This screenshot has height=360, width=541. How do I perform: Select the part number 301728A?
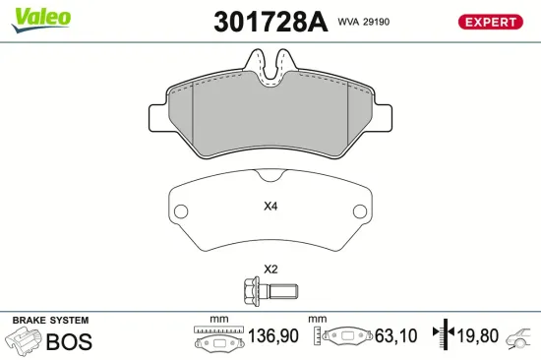[270, 22]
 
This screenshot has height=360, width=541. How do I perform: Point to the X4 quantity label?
[270, 207]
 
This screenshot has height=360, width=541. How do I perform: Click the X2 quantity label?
[270, 269]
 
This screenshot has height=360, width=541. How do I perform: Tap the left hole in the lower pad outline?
[180, 210]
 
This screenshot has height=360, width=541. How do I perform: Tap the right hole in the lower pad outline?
[360, 210]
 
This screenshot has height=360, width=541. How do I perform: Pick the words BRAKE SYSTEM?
[50, 321]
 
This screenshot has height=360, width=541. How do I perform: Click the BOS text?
[69, 341]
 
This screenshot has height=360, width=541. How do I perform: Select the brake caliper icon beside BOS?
[24, 340]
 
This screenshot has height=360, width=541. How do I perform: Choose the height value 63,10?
[394, 337]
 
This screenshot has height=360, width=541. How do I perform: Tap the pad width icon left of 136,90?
[218, 339]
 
